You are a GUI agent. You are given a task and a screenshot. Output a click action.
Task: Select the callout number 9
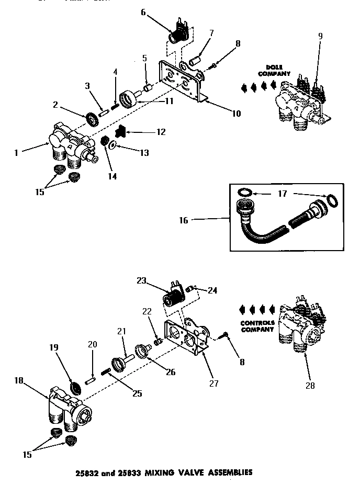320,36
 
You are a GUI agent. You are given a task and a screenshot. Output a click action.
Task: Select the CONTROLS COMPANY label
257,326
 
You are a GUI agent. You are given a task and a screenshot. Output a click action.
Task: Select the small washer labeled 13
111,145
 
